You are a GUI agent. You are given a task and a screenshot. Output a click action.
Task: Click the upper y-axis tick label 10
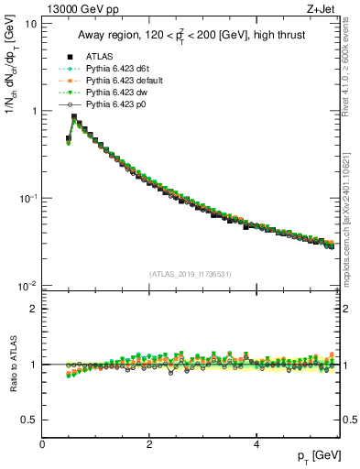31,23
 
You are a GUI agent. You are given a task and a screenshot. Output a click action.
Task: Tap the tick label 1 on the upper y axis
34,111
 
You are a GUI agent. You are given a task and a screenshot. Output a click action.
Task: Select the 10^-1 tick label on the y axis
28,198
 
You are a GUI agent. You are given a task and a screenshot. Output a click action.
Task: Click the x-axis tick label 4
256,444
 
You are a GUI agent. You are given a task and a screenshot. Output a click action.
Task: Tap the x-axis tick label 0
42,444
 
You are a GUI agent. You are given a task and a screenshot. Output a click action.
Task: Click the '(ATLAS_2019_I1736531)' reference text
191,274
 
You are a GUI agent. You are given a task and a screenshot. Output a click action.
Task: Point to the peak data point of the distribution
74,117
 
